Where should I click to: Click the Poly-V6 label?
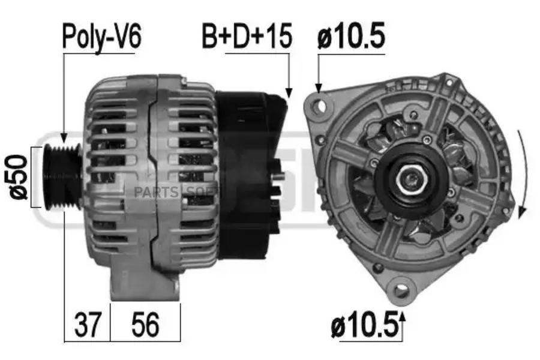coord(101,37)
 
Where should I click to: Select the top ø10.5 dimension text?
coord(350,37)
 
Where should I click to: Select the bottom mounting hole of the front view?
coord(400,290)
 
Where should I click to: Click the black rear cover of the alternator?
coord(249,174)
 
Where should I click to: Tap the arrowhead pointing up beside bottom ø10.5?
coord(403,316)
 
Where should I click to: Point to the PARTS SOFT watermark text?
coord(174,192)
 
